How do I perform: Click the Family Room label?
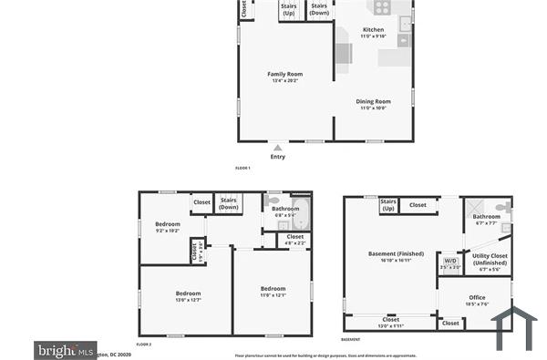click(284, 75)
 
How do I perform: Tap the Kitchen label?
click(373, 30)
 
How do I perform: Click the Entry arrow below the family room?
click(277, 147)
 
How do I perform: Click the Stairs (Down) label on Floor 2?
click(229, 204)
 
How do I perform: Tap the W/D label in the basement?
click(450, 261)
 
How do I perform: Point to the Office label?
click(477, 297)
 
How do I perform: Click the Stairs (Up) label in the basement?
click(387, 204)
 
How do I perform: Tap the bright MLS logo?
click(65, 349)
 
